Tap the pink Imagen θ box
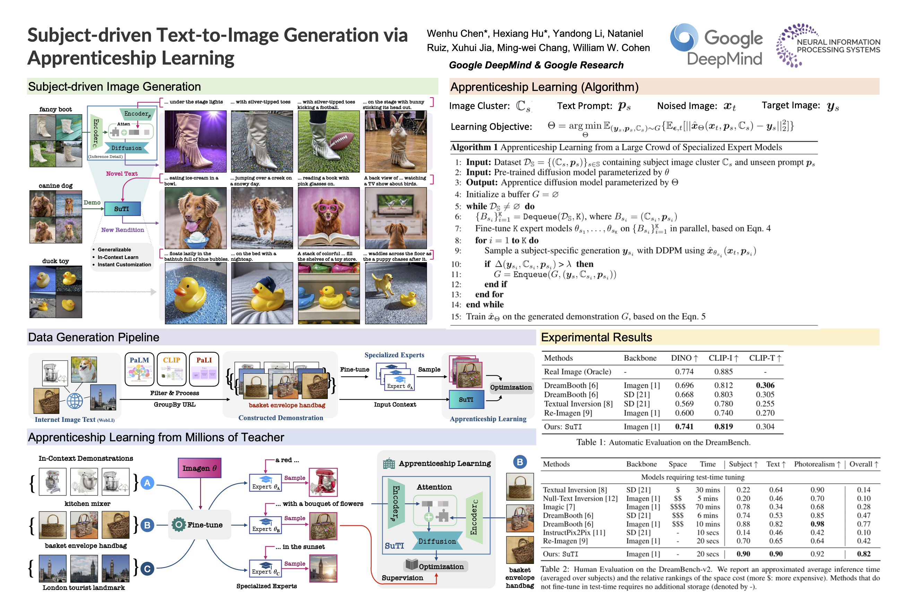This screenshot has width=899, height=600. point(199,468)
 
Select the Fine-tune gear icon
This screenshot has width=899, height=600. point(178,525)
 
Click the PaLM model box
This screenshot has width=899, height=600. point(139,369)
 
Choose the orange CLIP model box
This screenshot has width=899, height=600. point(172,369)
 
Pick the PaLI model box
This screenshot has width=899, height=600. point(204,369)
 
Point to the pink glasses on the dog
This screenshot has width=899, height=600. point(328,208)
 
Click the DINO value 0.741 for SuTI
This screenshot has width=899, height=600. point(684,427)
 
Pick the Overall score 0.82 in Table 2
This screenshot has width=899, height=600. point(864,554)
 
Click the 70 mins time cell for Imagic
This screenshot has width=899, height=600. point(708,507)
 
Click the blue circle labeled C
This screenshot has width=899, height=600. point(147,569)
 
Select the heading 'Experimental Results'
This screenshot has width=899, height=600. point(596,337)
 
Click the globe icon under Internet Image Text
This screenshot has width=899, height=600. point(75,401)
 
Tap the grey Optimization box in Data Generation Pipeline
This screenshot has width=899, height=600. point(511,387)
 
